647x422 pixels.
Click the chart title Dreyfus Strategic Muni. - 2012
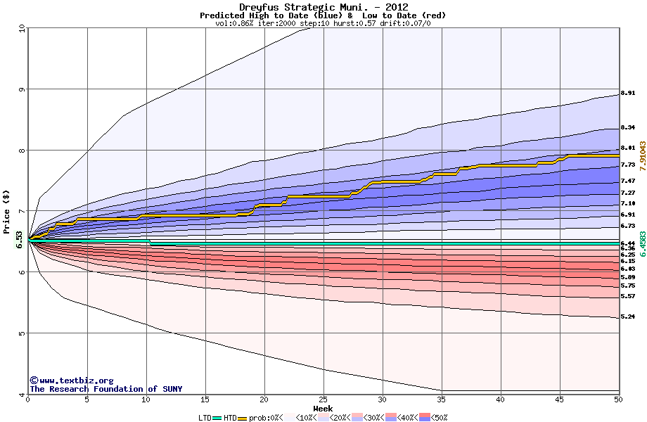point(323,7)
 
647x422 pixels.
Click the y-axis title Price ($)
point(7,212)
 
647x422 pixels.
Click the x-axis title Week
point(323,409)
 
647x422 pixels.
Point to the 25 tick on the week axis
point(323,399)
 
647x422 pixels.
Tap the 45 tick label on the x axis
point(559,399)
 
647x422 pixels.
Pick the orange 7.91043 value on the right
point(641,155)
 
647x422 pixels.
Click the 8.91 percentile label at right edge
point(628,93)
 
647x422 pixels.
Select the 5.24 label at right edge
point(628,316)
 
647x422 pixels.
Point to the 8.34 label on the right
point(628,127)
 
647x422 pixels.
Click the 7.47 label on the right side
point(628,181)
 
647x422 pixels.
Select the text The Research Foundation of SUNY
point(105,389)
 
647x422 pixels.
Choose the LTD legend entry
point(205,417)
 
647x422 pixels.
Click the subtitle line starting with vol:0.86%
point(323,23)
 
